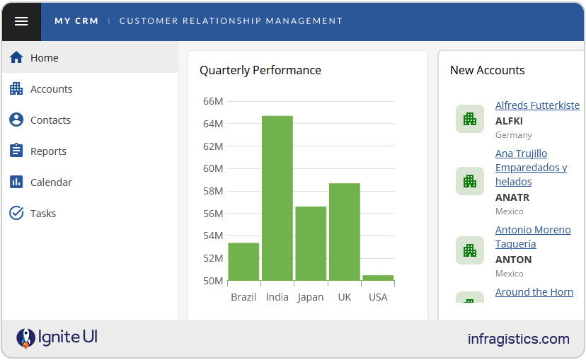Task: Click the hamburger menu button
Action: [21, 21]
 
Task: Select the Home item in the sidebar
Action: [44, 58]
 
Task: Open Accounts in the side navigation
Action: [51, 89]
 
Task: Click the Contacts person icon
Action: [16, 120]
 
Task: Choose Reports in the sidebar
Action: [48, 151]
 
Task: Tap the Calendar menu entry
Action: [51, 182]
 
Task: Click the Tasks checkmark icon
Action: [16, 214]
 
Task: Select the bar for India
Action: [277, 198]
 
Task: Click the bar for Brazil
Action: [243, 262]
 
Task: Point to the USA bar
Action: [378, 278]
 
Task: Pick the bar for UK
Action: [344, 232]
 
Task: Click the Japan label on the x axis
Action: [311, 297]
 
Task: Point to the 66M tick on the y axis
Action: [212, 101]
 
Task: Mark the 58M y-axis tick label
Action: [212, 191]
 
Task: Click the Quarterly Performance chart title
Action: [260, 70]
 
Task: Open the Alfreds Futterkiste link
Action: [537, 105]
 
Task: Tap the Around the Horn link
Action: [534, 292]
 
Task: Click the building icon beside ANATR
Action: [469, 182]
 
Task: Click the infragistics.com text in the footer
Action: [518, 339]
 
